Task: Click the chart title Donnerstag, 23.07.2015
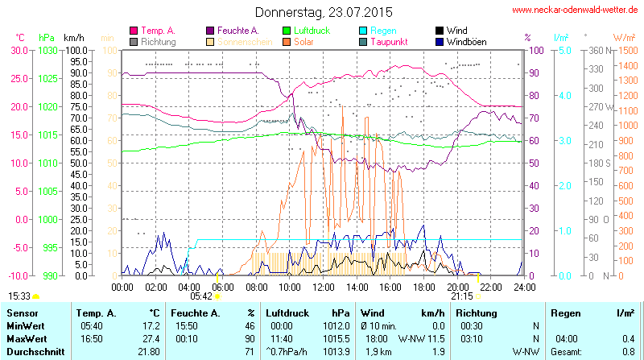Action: (x=324, y=12)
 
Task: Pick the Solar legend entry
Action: (x=304, y=41)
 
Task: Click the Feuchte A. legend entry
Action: (x=236, y=30)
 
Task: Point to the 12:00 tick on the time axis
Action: (x=323, y=286)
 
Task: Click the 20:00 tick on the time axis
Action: (x=457, y=286)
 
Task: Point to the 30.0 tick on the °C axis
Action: (x=19, y=50)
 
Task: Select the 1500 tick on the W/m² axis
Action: (x=624, y=50)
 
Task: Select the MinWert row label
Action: (x=24, y=325)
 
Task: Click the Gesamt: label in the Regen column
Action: (x=564, y=350)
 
